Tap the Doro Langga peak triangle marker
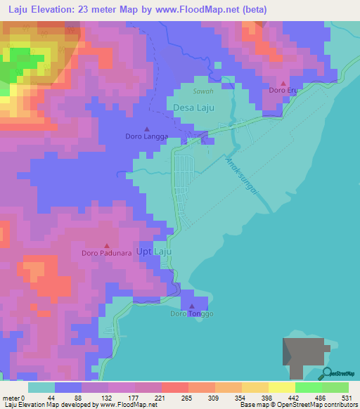(x=147, y=129)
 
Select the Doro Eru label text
(x=283, y=91)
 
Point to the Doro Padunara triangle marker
(x=107, y=245)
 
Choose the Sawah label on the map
(x=202, y=91)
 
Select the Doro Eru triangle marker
(x=283, y=83)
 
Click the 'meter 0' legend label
(x=14, y=398)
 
